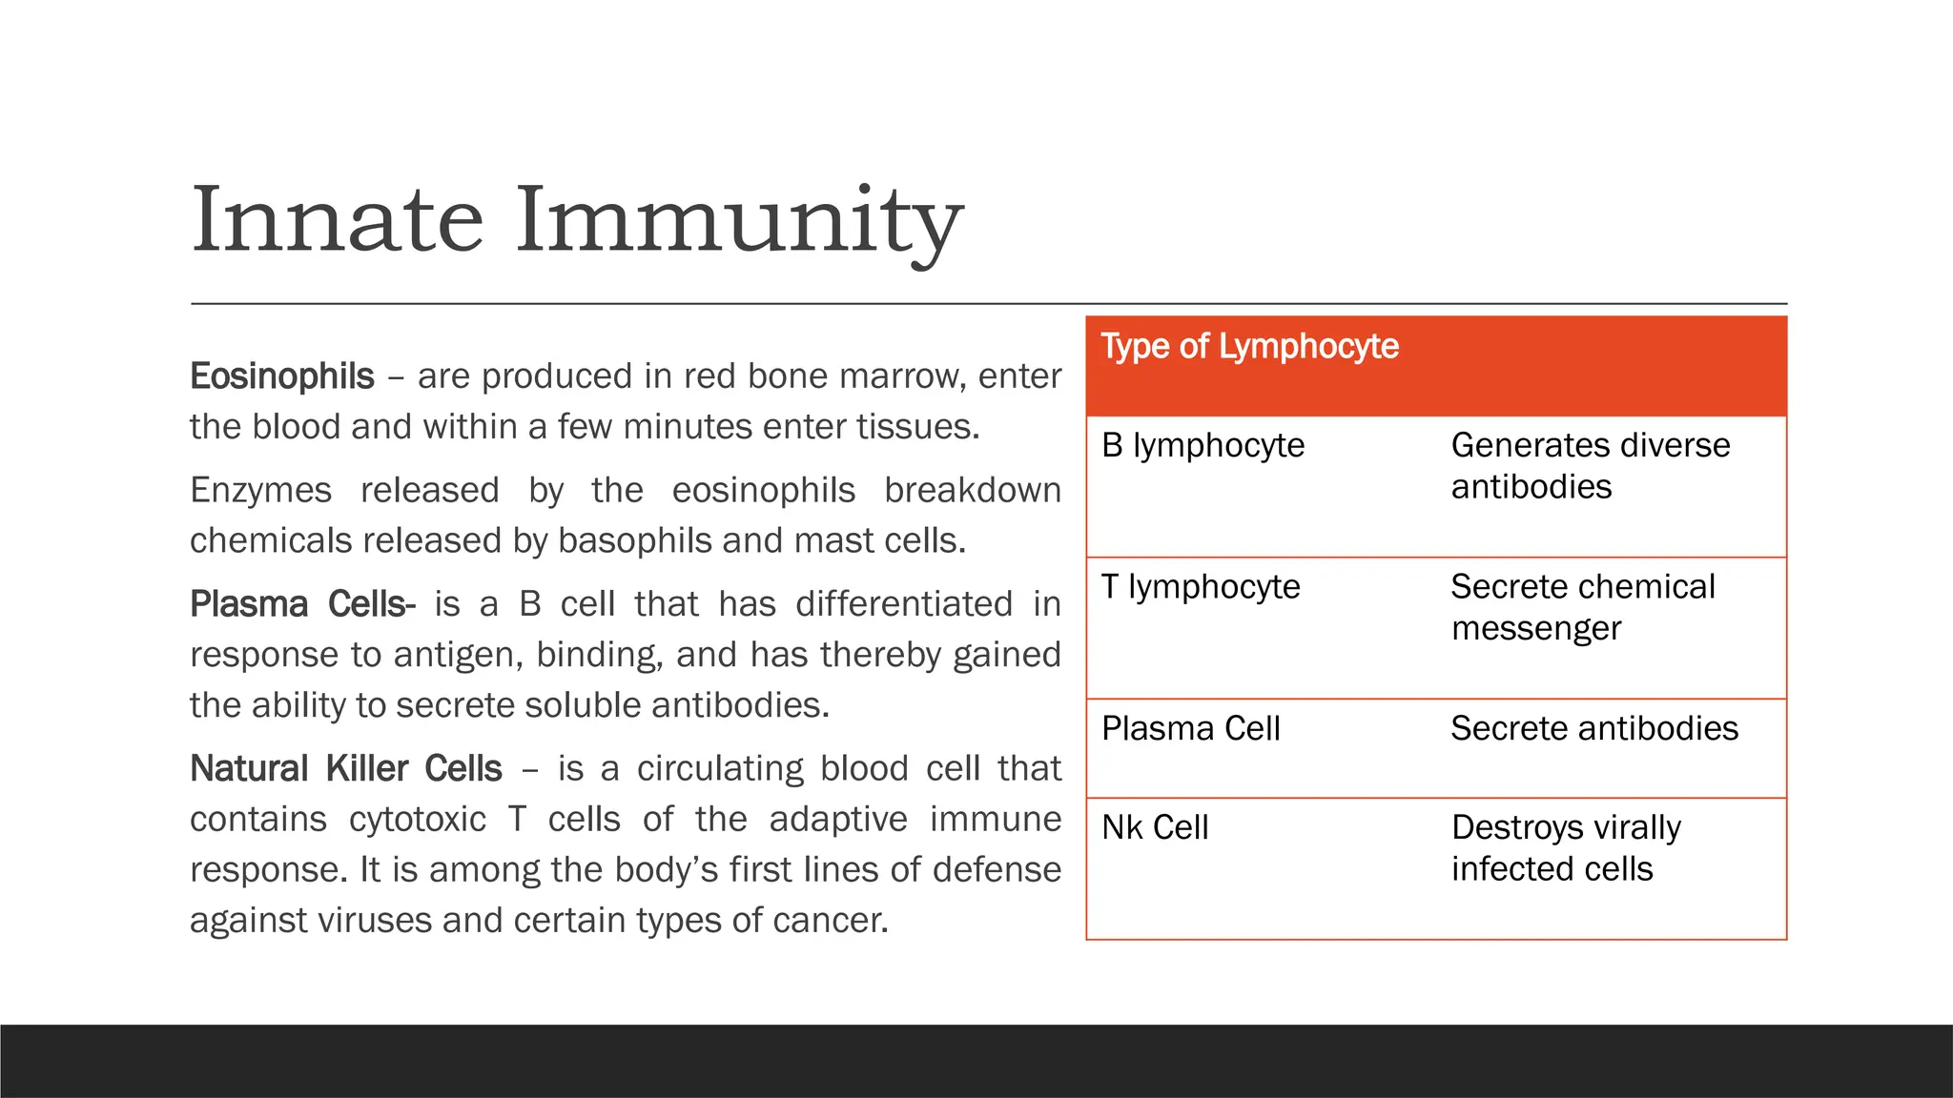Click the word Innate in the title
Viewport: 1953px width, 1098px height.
point(338,221)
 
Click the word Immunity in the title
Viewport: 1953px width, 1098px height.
point(739,221)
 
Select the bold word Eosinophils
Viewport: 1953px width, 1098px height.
point(282,376)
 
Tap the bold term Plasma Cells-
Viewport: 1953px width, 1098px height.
point(302,604)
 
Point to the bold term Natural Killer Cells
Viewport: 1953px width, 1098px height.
point(345,769)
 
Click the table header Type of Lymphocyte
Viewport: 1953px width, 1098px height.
point(1249,347)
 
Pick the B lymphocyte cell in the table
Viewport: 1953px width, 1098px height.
point(1203,446)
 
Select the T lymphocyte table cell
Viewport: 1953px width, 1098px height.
point(1201,587)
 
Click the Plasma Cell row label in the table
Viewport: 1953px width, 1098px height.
point(1190,729)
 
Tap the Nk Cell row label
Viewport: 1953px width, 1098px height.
point(1155,828)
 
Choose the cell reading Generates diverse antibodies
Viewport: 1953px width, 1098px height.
point(1590,466)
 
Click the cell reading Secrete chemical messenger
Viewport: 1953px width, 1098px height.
point(1582,607)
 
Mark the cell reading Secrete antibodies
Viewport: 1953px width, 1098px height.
point(1593,729)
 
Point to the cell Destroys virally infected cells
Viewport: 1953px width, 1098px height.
point(1565,848)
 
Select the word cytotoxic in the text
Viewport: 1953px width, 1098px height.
point(418,820)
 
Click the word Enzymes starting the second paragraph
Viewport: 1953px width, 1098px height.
point(260,491)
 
